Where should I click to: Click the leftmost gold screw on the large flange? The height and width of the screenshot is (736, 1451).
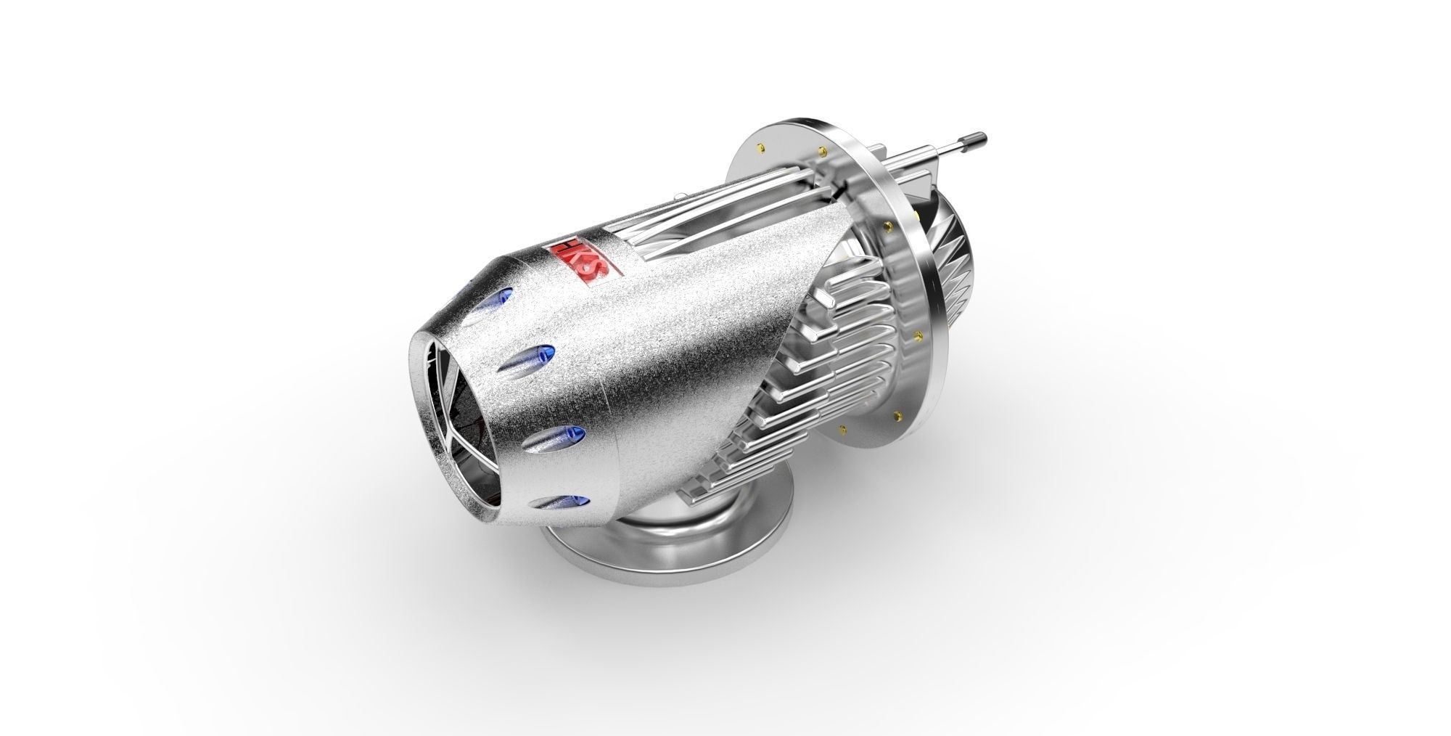pyautogui.click(x=760, y=150)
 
